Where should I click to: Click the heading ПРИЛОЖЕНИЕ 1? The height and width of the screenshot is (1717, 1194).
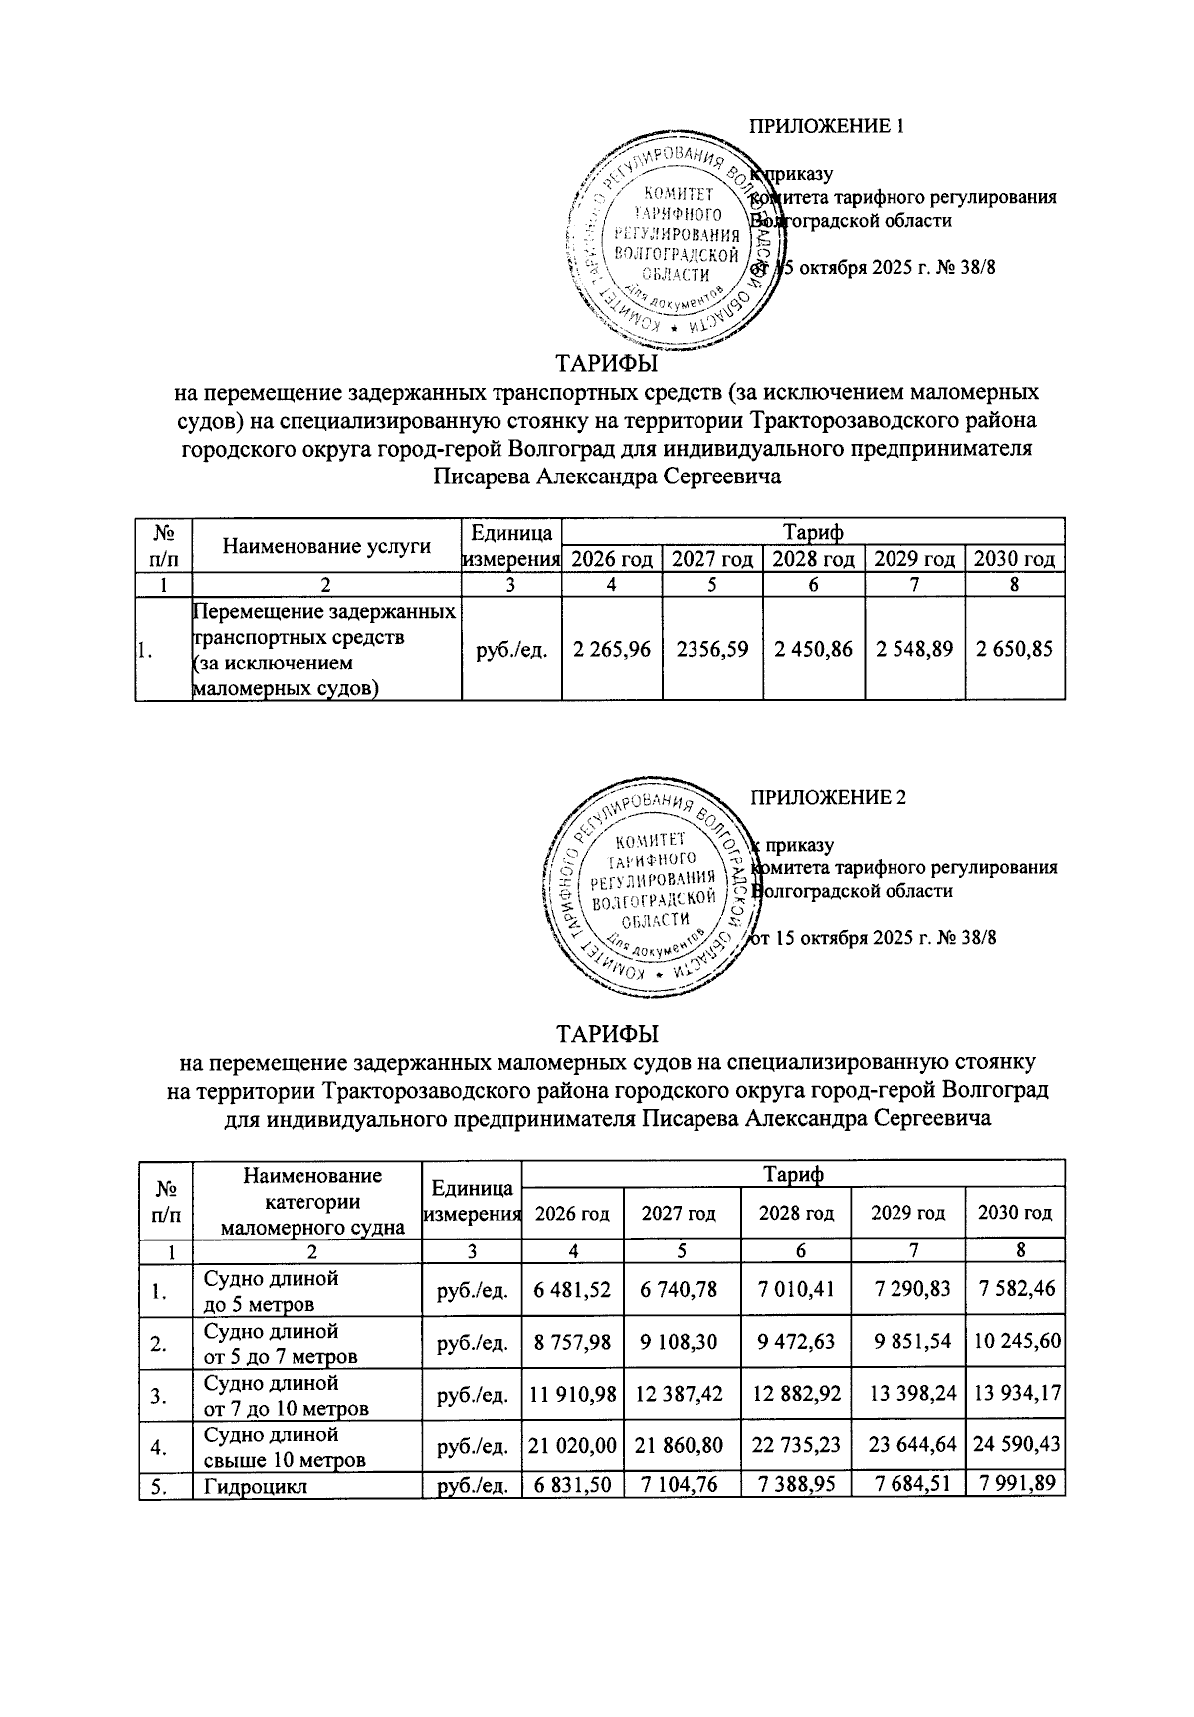click(826, 126)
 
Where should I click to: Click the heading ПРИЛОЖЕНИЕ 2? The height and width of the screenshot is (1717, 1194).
click(827, 797)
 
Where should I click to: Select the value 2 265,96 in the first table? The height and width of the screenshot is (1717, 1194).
click(612, 650)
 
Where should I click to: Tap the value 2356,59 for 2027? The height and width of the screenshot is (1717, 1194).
click(711, 650)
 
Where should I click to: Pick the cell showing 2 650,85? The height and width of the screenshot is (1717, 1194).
click(1014, 650)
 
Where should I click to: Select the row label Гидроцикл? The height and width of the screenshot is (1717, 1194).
click(255, 1487)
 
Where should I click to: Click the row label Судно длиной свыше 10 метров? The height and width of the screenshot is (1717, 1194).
click(284, 1446)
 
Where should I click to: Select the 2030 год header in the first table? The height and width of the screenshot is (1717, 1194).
click(1014, 559)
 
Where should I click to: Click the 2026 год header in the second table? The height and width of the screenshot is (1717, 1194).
click(572, 1213)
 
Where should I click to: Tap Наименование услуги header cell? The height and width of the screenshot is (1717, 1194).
click(325, 545)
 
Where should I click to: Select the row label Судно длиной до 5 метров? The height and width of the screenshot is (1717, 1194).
click(271, 1290)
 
